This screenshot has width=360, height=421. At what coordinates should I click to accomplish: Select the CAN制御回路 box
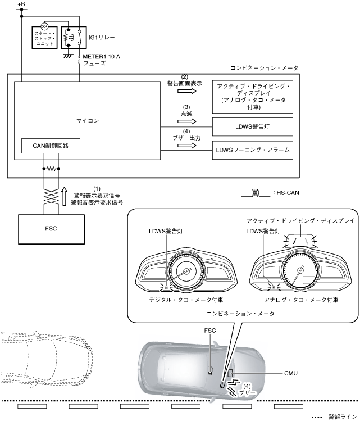pos(50,146)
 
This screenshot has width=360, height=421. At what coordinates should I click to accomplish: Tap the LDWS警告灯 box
pos(252,126)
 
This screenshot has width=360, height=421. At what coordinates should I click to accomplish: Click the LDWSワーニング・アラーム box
pos(252,150)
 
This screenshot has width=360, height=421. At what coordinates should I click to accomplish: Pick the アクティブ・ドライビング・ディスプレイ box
pos(252,96)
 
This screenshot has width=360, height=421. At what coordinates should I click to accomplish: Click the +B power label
pos(21,5)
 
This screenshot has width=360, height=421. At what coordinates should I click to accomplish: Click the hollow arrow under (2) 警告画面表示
pos(184,90)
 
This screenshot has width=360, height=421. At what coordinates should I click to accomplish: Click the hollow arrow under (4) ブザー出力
pos(184,144)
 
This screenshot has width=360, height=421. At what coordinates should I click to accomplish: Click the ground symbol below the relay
pos(69,56)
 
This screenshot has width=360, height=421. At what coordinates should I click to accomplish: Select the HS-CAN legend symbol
pos(254,192)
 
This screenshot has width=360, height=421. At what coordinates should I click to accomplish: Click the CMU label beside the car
pos(291,372)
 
